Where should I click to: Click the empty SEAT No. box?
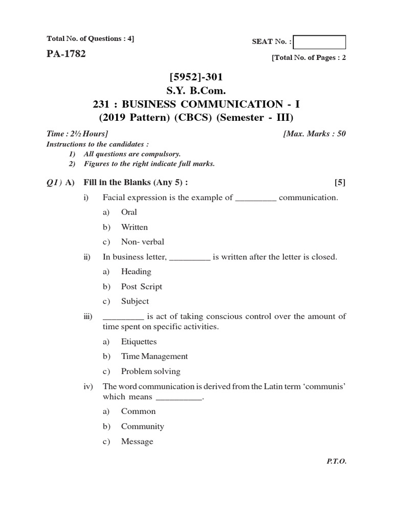point(320,42)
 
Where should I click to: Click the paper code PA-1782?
point(66,54)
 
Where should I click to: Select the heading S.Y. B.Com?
point(196,91)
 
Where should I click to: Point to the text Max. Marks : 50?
point(314,134)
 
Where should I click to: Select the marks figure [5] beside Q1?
point(340,183)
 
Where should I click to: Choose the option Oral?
point(129,212)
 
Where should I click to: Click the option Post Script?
point(141,287)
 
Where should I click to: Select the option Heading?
point(136,272)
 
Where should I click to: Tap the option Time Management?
point(154,356)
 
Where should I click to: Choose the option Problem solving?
point(150,372)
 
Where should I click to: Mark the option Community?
point(142,426)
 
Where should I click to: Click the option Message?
point(137,441)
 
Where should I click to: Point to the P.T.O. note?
point(337,461)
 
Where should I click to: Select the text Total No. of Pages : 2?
point(309,58)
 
